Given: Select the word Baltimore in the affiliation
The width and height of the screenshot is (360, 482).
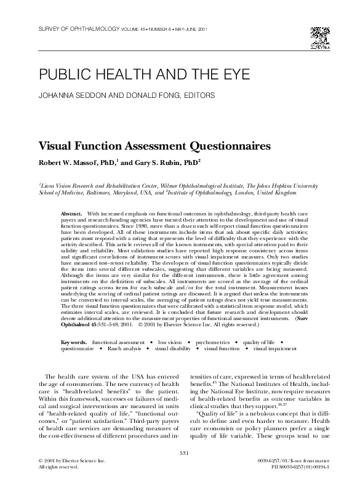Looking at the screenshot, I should [102, 192].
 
